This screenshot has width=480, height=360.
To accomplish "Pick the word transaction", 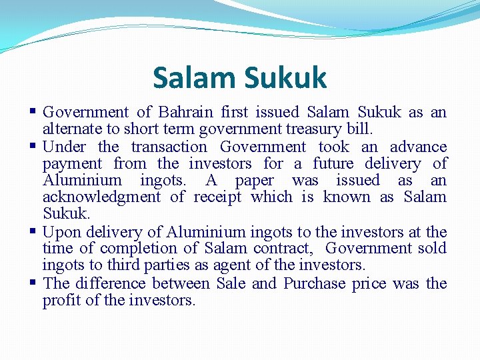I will pyautogui.click(x=169, y=147).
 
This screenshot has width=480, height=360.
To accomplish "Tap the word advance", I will pyautogui.click(x=418, y=147).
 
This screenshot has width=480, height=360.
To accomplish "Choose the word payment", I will pyautogui.click(x=72, y=164).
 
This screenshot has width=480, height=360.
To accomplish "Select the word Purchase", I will pyautogui.click(x=314, y=283).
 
